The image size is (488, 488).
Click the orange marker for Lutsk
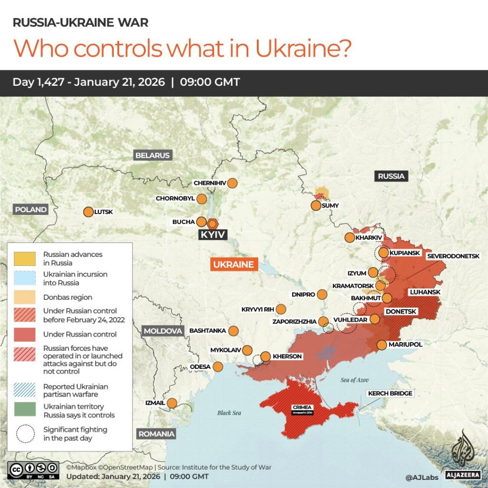(88, 212)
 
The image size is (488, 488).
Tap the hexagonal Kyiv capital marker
(212, 223)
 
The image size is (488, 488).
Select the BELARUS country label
(152, 155)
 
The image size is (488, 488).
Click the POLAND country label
(31, 209)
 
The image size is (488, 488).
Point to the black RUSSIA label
(391, 176)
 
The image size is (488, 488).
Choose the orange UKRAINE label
(234, 264)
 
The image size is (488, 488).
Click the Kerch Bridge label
(390, 394)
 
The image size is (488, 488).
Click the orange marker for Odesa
(218, 366)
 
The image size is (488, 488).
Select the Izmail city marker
(172, 403)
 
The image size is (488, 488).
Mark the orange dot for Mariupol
(382, 345)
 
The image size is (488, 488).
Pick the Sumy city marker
(315, 205)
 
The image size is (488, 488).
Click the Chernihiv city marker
(232, 183)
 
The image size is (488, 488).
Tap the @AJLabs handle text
(421, 477)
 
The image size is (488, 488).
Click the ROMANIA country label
(156, 434)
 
